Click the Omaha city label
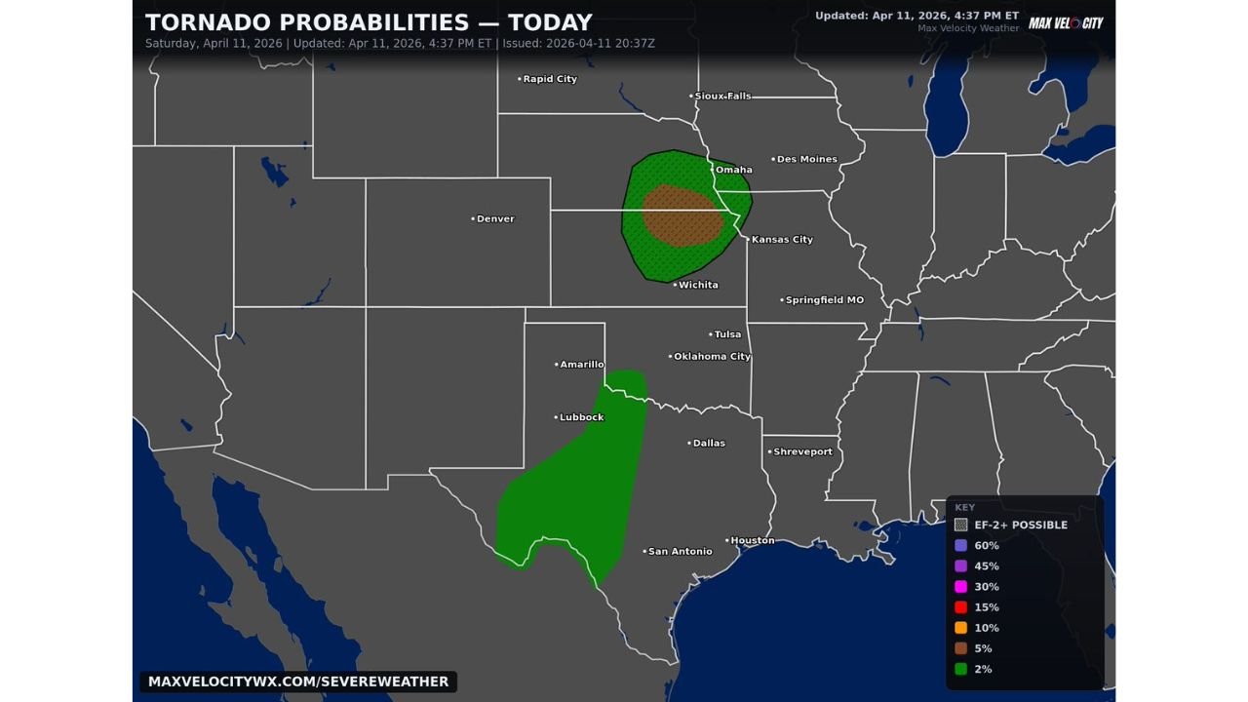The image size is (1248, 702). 733,170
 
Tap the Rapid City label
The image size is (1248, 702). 550,79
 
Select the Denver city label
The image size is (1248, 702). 494,218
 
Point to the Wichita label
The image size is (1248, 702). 698,285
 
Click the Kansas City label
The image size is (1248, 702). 781,239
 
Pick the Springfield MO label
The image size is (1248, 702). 824,300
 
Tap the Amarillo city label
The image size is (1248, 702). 581,364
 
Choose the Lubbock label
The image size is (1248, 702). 581,417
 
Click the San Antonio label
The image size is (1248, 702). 680,551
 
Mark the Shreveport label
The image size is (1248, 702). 802,451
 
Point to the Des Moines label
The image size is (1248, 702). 806,159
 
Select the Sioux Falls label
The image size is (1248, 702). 722,96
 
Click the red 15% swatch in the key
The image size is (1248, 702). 960,607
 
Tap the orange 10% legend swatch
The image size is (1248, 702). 960,628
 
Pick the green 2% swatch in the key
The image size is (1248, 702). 960,669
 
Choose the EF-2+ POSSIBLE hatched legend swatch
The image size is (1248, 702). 960,525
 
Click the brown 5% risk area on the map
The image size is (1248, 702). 683,214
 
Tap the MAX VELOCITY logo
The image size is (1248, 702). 1066,22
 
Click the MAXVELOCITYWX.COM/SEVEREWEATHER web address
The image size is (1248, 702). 298,682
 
